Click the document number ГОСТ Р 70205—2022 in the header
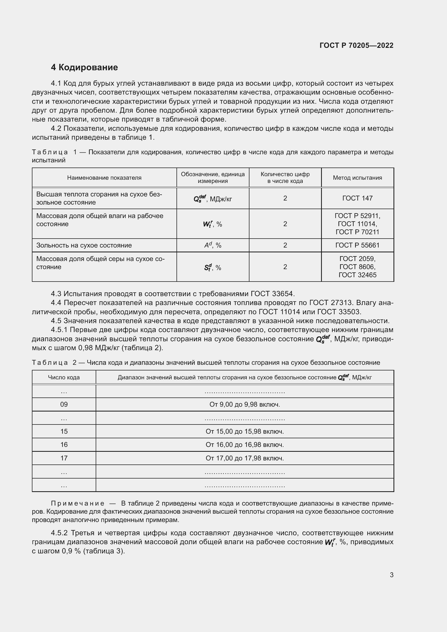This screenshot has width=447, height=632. (x=356, y=45)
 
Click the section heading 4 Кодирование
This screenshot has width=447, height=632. (x=84, y=68)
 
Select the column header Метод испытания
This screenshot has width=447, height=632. (x=357, y=178)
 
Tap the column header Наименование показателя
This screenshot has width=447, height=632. (x=104, y=178)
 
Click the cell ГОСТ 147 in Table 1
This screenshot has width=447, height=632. (x=357, y=198)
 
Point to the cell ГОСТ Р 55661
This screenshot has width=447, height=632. (x=357, y=245)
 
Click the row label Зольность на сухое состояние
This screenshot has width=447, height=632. (x=84, y=245)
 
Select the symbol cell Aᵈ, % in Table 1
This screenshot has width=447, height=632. (x=213, y=245)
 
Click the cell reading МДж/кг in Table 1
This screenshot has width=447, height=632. (x=213, y=199)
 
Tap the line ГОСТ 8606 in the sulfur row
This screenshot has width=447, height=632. (x=357, y=267)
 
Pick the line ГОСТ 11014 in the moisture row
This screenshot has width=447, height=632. (x=357, y=224)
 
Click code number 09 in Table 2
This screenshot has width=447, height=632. (x=64, y=404)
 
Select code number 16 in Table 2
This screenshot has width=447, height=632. (x=64, y=444)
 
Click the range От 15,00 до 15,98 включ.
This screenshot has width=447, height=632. (x=244, y=431)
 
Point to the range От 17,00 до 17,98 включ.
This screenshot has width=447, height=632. (x=244, y=458)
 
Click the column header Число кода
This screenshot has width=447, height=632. (x=64, y=377)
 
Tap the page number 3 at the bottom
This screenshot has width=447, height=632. (x=391, y=575)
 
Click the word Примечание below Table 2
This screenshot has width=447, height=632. (x=78, y=503)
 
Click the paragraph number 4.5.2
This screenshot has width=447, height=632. (x=59, y=533)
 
